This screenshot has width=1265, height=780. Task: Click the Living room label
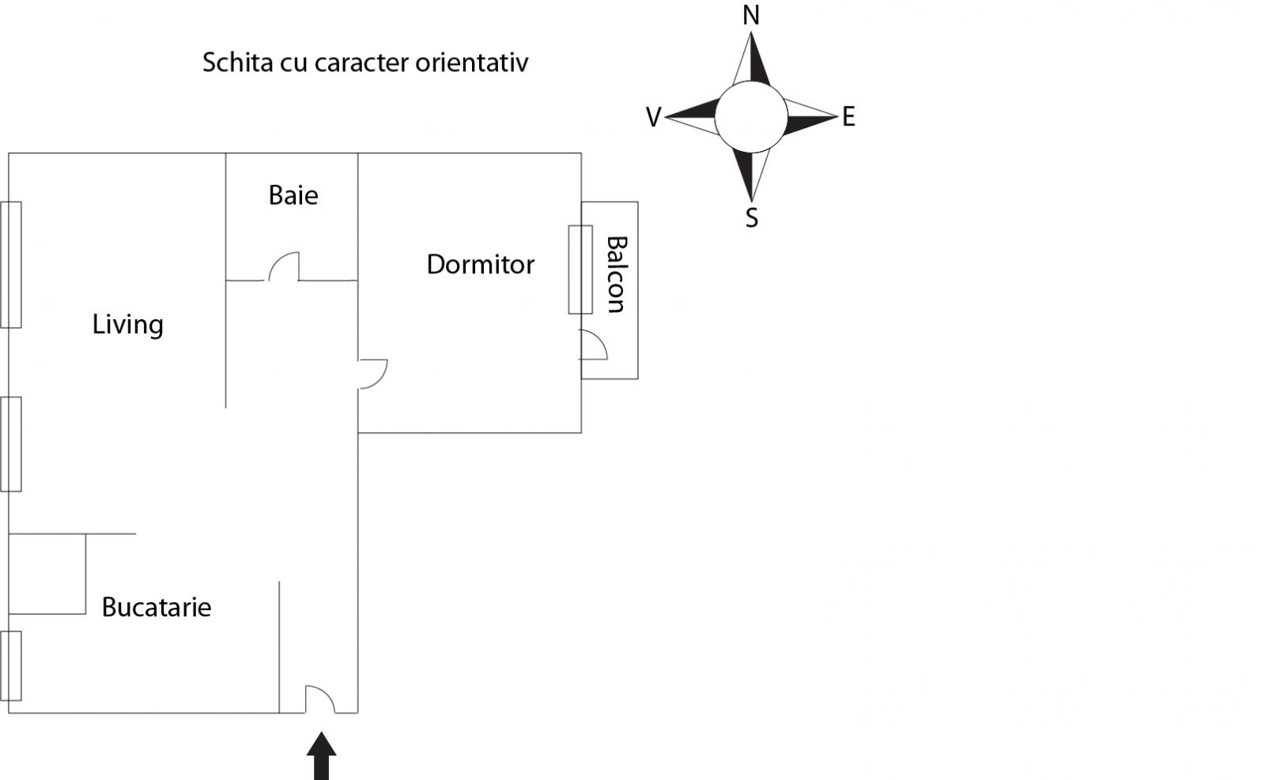[127, 325]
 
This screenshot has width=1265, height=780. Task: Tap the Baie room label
[293, 196]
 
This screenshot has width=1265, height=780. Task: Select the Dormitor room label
[480, 265]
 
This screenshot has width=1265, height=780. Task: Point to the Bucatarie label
[157, 607]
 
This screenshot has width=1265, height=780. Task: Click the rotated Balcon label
[617, 274]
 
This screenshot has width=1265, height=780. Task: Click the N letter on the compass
[750, 16]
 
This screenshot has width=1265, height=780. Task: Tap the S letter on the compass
[752, 217]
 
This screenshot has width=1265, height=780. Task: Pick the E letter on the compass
[848, 117]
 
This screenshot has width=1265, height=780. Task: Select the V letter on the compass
[653, 118]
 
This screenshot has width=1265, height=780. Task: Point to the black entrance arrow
[321, 756]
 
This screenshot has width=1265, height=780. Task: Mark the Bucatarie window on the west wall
[11, 666]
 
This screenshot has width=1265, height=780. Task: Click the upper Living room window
[11, 265]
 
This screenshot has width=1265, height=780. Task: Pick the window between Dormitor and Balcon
[580, 269]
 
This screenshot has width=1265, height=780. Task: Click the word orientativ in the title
[471, 62]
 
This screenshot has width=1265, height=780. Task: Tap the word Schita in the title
[238, 62]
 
